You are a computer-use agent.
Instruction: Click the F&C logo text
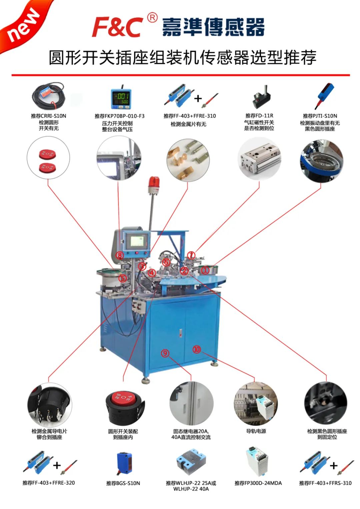117,27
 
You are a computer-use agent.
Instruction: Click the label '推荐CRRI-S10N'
49,116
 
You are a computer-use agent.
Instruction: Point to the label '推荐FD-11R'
259,116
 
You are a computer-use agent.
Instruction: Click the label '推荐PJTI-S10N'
320,116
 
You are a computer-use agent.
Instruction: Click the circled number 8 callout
120,255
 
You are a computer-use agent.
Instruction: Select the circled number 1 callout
206,270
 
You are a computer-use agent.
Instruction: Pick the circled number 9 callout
165,353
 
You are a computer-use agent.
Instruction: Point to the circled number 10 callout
197,349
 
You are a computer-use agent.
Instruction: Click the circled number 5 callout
123,278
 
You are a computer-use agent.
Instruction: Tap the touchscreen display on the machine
138,241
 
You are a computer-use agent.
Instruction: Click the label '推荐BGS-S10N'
123,483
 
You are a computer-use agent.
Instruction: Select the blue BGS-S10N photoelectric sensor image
124,463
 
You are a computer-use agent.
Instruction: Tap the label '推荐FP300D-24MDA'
258,483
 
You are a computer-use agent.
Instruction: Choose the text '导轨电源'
256,431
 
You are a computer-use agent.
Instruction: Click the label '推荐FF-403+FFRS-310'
325,483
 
